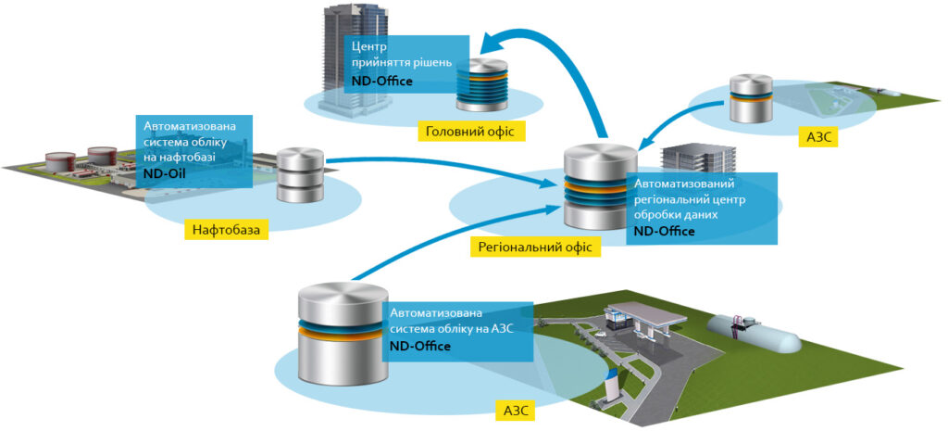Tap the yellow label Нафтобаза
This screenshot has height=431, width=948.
pyautogui.click(x=226, y=228)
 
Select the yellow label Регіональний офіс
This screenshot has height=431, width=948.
pyautogui.click(x=535, y=247)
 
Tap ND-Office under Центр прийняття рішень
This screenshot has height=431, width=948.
pyautogui.click(x=381, y=82)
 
